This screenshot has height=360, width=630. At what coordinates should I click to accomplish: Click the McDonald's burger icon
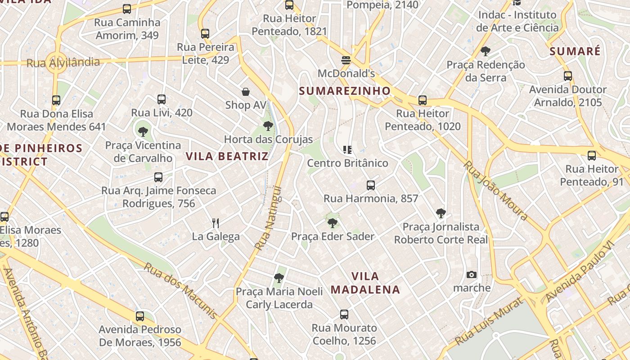pos(346,60)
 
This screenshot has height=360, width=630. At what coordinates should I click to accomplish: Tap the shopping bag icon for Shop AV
pos(246,92)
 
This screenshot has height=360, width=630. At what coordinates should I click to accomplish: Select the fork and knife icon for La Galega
pos(216,223)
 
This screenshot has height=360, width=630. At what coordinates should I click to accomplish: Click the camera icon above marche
pos(472,274)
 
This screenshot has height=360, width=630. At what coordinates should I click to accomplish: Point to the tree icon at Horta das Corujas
pos(268,126)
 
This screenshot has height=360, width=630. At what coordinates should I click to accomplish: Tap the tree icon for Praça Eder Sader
pos(333,223)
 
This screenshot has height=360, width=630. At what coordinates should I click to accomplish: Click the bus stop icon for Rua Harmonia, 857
pos(371,185)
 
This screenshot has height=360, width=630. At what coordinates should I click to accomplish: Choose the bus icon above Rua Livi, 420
pos(162,99)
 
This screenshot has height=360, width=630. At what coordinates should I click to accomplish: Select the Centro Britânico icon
pos(347,149)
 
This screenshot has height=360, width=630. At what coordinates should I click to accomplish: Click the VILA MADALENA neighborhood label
pos(365,283)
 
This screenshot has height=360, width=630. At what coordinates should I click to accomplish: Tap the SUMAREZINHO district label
pos(345,91)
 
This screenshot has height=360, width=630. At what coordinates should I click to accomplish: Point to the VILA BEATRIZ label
pos(227,157)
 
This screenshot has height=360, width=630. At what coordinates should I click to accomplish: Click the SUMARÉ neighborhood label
pos(575,51)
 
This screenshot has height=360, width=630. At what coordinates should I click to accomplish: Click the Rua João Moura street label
pos(495,191)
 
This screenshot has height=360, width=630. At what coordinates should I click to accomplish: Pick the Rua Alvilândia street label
pos(63,63)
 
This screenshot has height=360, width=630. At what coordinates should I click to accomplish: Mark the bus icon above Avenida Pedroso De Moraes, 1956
pos(140,316)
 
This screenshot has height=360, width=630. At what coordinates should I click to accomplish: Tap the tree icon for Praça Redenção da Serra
pos(485,51)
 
